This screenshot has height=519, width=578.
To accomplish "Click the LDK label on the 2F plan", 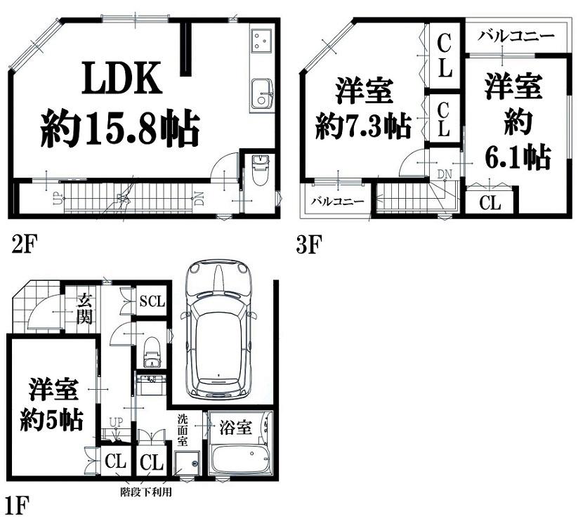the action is click(x=121, y=78).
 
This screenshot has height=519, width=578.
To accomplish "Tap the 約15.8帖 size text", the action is click(x=120, y=128).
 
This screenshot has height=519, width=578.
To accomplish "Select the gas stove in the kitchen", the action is click(x=262, y=40).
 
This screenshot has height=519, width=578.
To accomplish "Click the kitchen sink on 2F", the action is click(x=263, y=95).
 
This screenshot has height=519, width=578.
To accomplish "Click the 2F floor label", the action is click(x=22, y=244).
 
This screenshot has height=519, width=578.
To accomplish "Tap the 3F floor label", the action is click(x=308, y=244).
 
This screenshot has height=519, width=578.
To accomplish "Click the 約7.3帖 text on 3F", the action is click(x=363, y=126).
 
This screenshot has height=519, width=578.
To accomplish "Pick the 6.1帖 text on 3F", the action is click(x=517, y=157).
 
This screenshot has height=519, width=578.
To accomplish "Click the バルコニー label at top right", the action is click(x=516, y=36).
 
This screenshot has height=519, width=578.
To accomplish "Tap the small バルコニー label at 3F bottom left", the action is click(x=338, y=202).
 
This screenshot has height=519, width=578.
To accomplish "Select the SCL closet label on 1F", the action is click(x=152, y=301).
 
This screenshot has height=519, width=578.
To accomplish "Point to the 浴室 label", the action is click(x=235, y=427).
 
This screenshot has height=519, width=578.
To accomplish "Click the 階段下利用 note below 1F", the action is click(x=146, y=492).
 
